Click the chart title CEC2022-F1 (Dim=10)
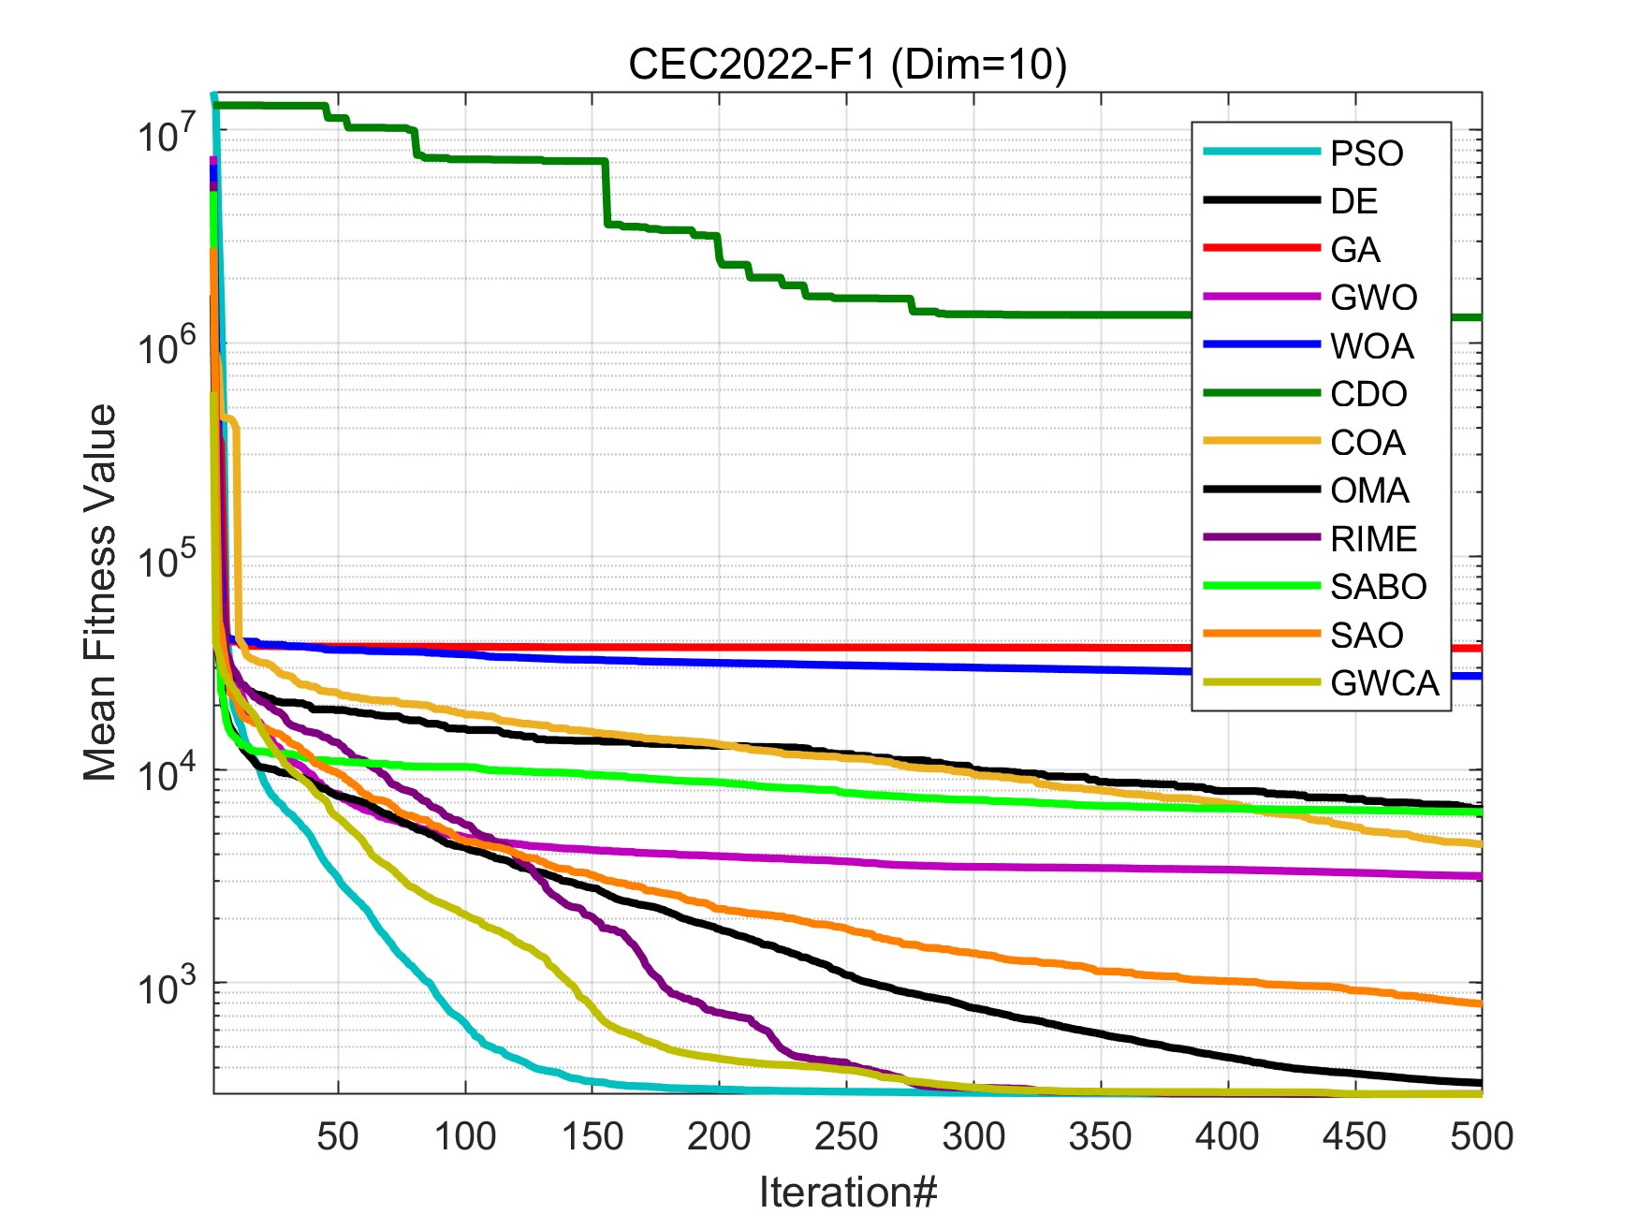[x=847, y=65]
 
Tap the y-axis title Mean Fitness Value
[x=100, y=593]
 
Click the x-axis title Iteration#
[x=847, y=1192]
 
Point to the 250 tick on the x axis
[x=846, y=1136]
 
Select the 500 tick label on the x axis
[x=1481, y=1136]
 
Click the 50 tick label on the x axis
[x=338, y=1136]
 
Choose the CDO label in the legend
[x=1368, y=394]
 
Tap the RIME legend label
[x=1373, y=539]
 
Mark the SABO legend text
[x=1378, y=587]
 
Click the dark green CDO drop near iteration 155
[x=607, y=192]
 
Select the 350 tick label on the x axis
[x=1100, y=1136]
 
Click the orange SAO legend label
[x=1367, y=636]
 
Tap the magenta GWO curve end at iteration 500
[x=1480, y=877]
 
